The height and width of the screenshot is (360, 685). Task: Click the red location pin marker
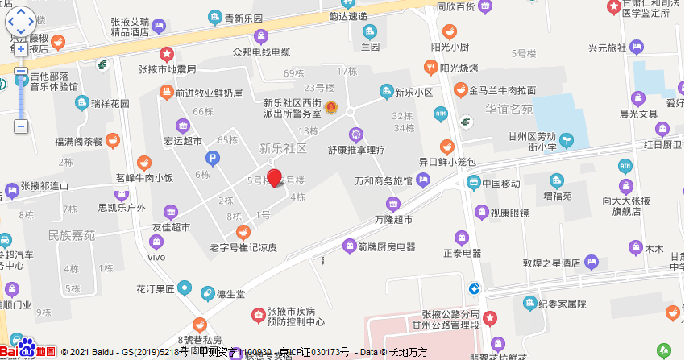coord(275,178)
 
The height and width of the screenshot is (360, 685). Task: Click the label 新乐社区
coord(283,149)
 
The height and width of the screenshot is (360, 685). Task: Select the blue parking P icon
coord(213,159)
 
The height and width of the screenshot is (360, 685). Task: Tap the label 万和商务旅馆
coord(382,181)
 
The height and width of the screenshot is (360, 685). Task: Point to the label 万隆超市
coord(393,219)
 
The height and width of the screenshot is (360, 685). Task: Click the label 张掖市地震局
coord(167,69)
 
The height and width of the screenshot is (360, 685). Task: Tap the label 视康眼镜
coord(509,213)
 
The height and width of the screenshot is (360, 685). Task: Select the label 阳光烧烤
coord(459,68)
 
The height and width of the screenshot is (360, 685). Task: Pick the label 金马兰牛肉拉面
coord(503,90)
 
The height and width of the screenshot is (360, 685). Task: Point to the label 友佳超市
coord(171,228)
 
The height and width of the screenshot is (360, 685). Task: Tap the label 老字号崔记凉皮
coord(243,247)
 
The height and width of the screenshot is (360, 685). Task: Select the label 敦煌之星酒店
coord(551,263)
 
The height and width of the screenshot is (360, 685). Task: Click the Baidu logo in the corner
coord(27,350)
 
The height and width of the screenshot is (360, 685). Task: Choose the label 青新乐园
coord(243,17)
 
